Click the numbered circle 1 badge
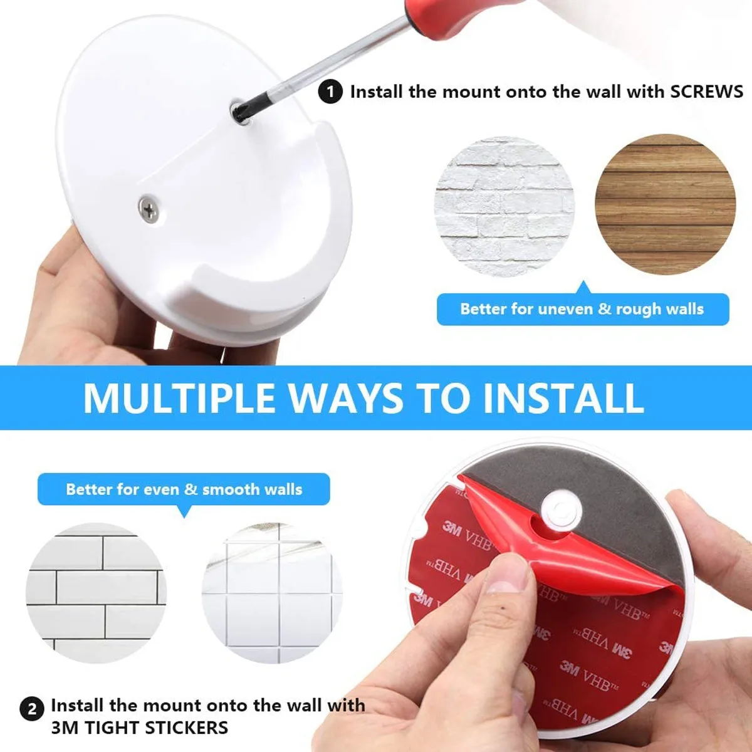tap(330, 92)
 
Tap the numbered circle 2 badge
tap(32, 709)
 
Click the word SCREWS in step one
tap(706, 91)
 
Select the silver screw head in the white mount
tap(149, 208)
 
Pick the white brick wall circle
tap(504, 207)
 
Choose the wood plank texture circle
tap(665, 204)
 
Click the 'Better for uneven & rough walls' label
tap(582, 309)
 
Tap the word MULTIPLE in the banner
tap(179, 398)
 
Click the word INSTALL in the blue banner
tap(563, 398)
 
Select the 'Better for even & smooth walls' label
tap(184, 489)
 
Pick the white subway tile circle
tap(96, 593)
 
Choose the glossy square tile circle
tap(272, 593)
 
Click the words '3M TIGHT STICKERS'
tap(140, 728)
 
